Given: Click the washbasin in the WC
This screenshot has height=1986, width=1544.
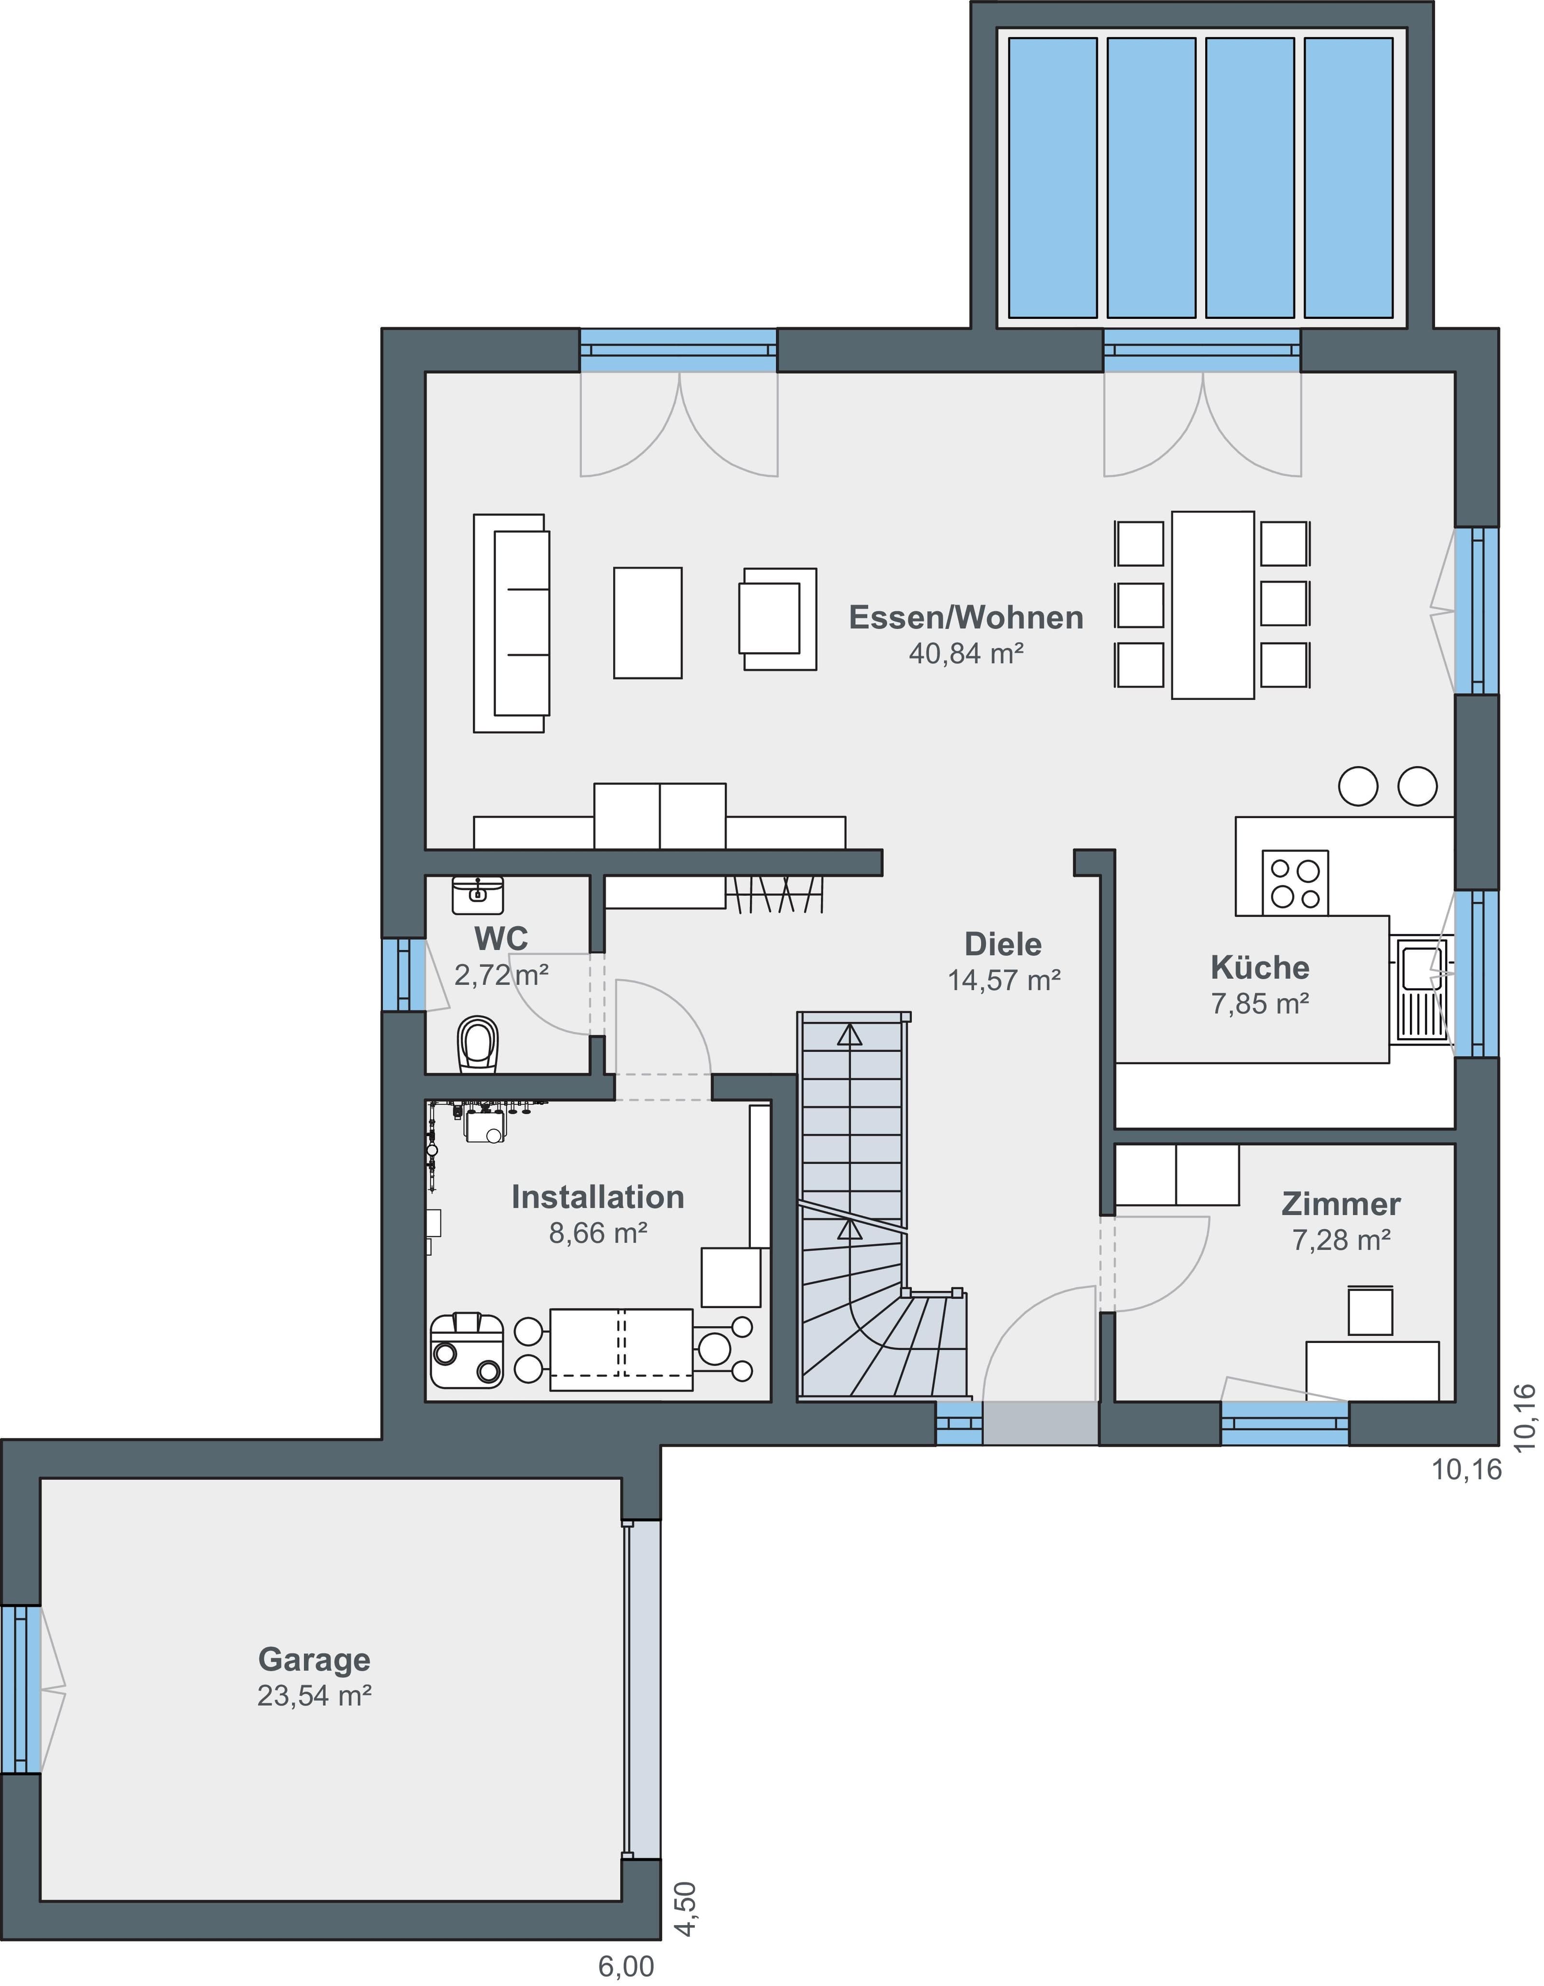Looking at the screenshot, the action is (477, 895).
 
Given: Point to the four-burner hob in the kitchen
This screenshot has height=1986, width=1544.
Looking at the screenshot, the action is (1295, 883).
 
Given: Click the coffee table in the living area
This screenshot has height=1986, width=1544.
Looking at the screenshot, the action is (648, 623).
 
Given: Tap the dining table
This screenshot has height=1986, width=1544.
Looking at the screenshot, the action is (1213, 605).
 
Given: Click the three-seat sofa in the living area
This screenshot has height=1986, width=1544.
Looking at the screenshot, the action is (511, 623).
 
